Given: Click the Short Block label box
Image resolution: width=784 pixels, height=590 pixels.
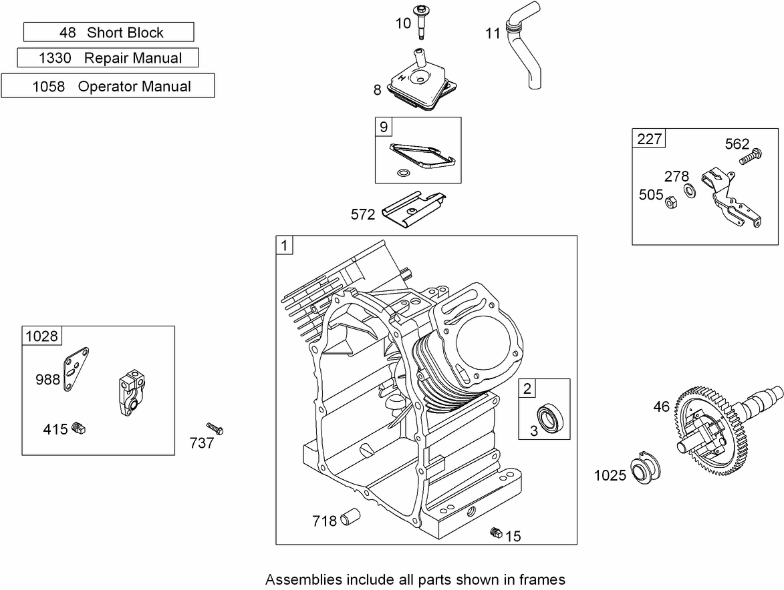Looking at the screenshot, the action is [x=108, y=32].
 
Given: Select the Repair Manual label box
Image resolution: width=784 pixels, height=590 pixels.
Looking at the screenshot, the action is [x=108, y=57].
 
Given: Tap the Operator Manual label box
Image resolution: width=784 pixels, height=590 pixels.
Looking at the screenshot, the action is [x=108, y=85].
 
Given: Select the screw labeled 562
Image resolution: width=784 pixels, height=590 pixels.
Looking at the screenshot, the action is [x=751, y=156].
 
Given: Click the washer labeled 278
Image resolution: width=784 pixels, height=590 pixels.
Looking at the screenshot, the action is [x=689, y=191].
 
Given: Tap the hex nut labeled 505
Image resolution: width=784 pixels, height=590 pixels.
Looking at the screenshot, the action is [x=672, y=202].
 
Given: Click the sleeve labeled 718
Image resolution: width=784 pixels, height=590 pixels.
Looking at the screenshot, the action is [x=350, y=517].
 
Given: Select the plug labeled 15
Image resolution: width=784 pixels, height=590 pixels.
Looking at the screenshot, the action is [x=495, y=532].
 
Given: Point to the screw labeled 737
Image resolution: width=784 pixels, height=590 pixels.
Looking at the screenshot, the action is [x=215, y=428].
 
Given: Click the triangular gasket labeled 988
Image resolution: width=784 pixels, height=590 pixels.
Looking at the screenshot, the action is [x=76, y=369].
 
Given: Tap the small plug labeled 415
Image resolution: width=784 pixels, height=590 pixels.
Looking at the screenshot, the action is [x=78, y=427].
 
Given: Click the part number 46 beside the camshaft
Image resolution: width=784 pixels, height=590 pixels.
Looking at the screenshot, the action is [x=661, y=407].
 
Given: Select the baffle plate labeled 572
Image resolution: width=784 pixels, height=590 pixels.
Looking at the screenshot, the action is [x=414, y=209].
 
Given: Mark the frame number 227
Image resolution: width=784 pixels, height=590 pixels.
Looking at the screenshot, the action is [x=649, y=139].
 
